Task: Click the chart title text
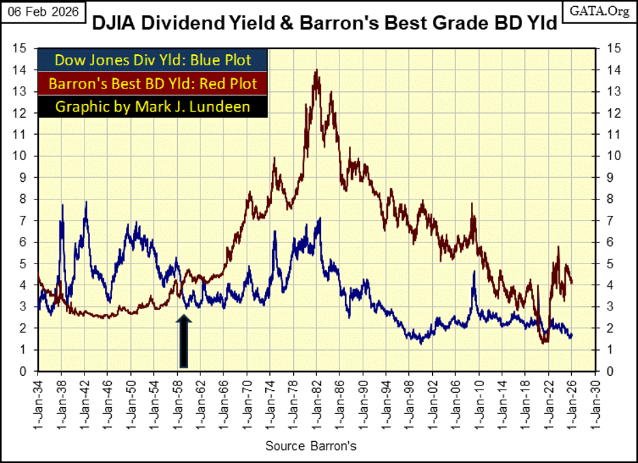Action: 324,23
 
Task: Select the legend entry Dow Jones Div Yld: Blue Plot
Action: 153,60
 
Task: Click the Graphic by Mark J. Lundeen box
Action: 153,107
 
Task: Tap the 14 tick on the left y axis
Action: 21,69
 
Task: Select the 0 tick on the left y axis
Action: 23,372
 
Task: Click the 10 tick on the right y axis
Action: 608,156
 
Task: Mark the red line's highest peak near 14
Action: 316,70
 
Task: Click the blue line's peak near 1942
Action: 86,202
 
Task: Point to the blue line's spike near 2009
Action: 473,272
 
